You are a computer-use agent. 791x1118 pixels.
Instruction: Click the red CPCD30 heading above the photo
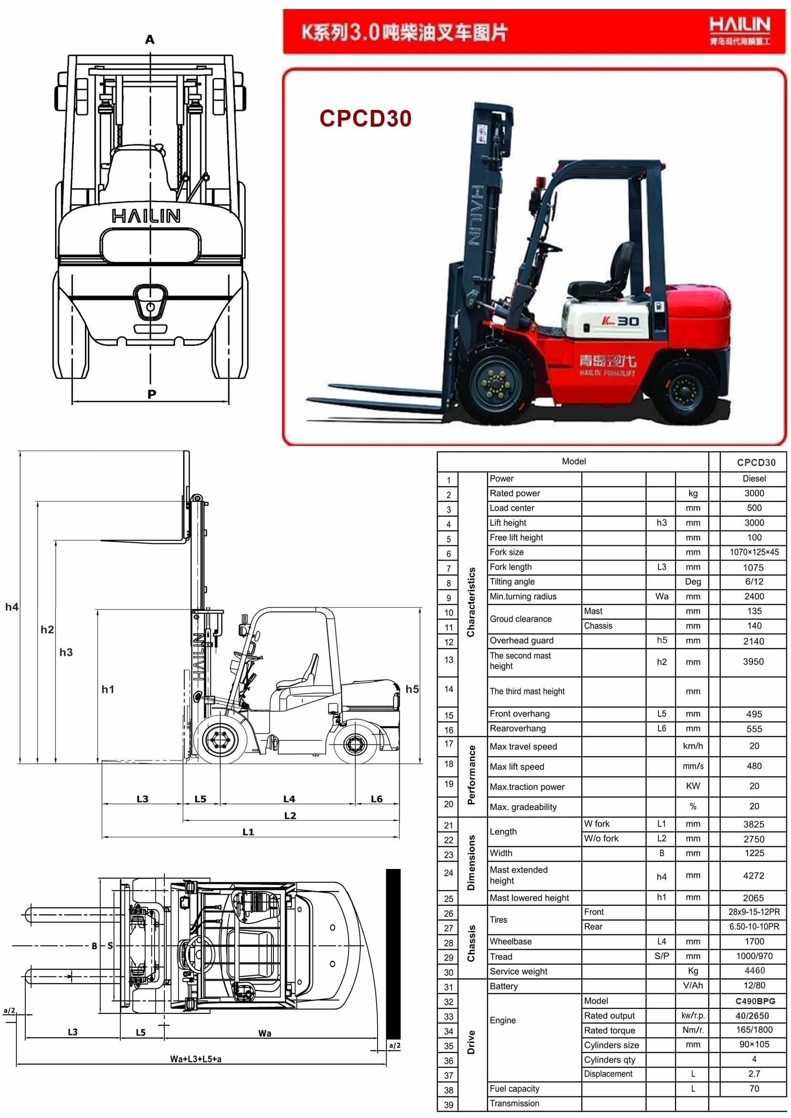click(x=365, y=119)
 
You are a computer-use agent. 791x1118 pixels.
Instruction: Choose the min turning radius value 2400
click(x=754, y=596)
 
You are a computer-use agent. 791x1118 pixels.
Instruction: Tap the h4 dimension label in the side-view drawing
click(x=11, y=607)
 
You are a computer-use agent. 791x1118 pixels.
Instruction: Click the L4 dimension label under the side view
click(x=289, y=799)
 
